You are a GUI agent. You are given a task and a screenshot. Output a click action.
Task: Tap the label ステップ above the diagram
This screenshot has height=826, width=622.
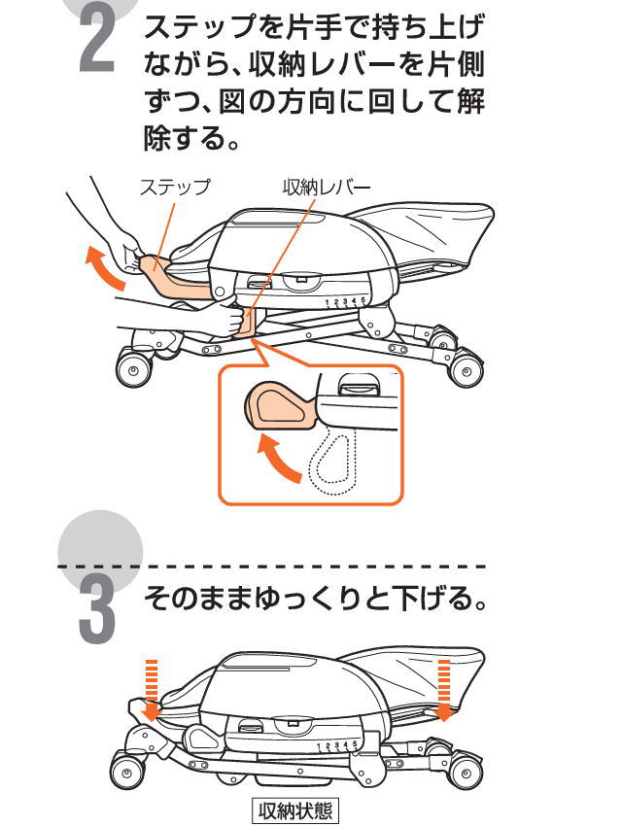[x=174, y=188]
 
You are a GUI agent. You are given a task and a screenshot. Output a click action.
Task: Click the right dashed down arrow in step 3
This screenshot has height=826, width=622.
[x=445, y=687]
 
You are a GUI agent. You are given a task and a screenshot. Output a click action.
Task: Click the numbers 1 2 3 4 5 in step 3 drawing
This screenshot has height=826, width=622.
[x=339, y=742]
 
